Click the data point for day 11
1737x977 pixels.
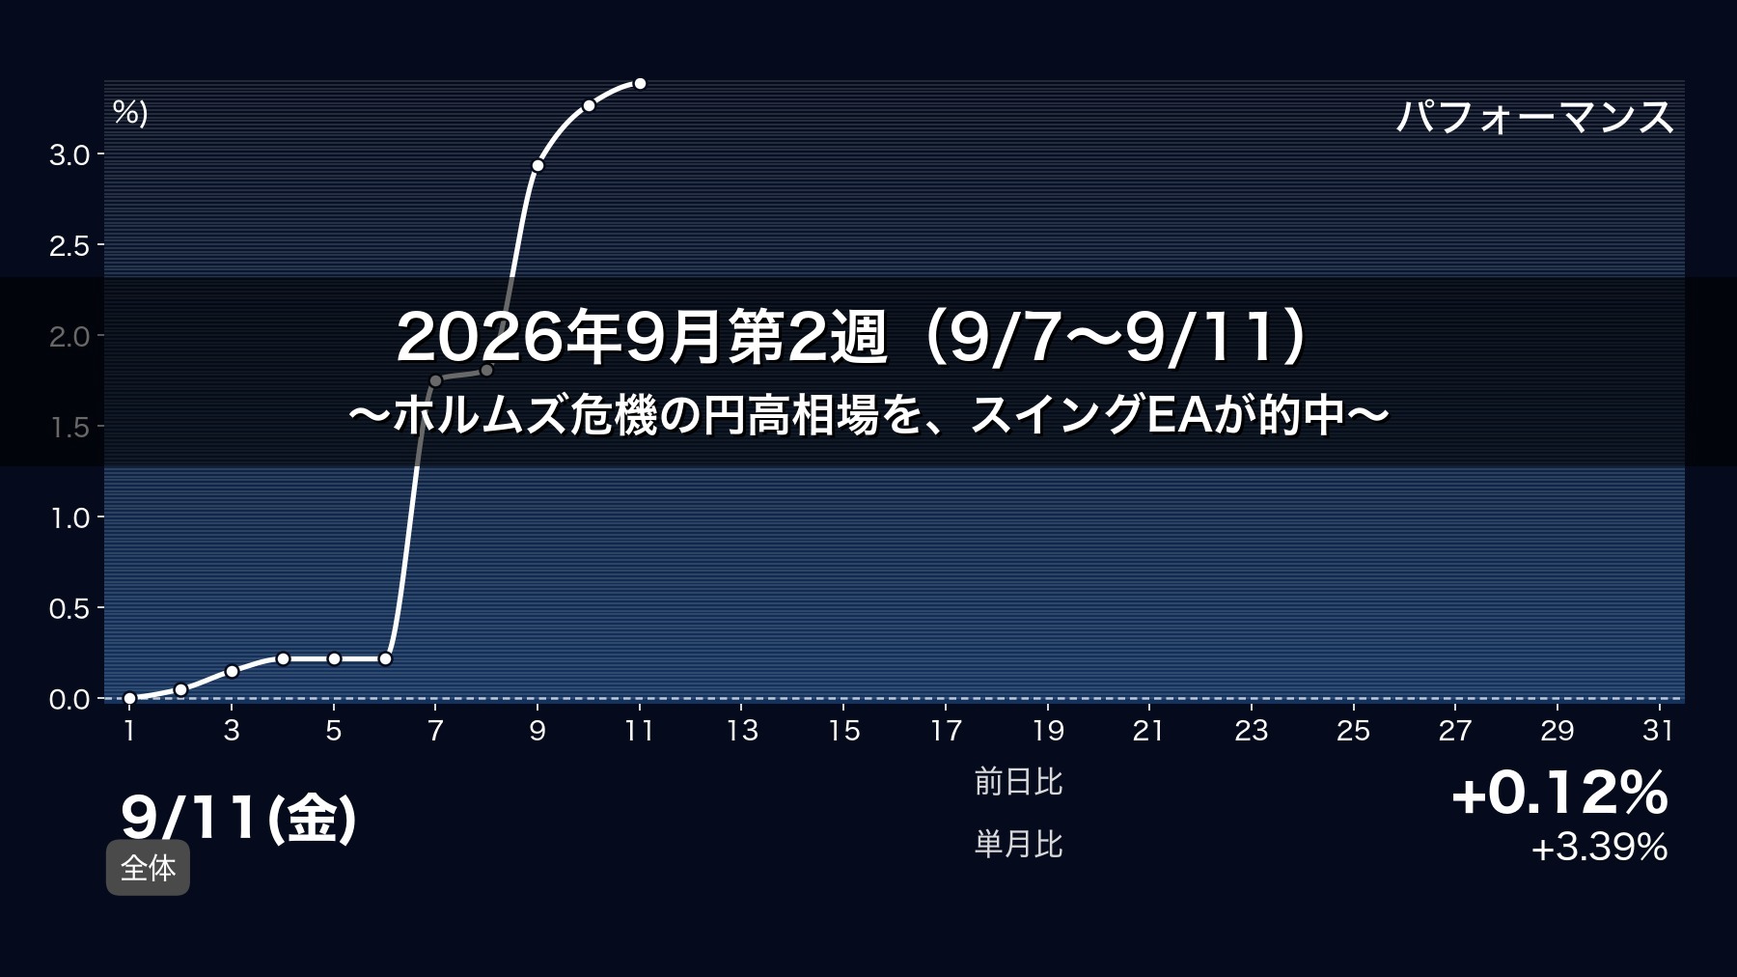639,84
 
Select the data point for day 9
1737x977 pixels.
538,166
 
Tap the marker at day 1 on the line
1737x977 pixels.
129,698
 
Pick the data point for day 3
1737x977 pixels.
232,671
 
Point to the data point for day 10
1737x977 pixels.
589,105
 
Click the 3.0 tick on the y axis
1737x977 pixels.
69,154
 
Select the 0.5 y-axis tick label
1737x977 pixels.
69,608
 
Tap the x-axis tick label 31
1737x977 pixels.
1658,731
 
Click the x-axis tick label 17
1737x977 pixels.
946,731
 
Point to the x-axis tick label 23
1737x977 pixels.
1251,731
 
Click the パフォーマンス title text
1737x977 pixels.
1534,117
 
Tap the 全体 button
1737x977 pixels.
148,868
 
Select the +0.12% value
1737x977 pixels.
1559,793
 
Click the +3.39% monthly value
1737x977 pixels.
1599,848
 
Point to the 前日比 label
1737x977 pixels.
1018,781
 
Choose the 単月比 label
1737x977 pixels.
1018,845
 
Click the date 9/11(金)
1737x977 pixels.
239,817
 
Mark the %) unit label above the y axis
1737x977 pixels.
130,112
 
